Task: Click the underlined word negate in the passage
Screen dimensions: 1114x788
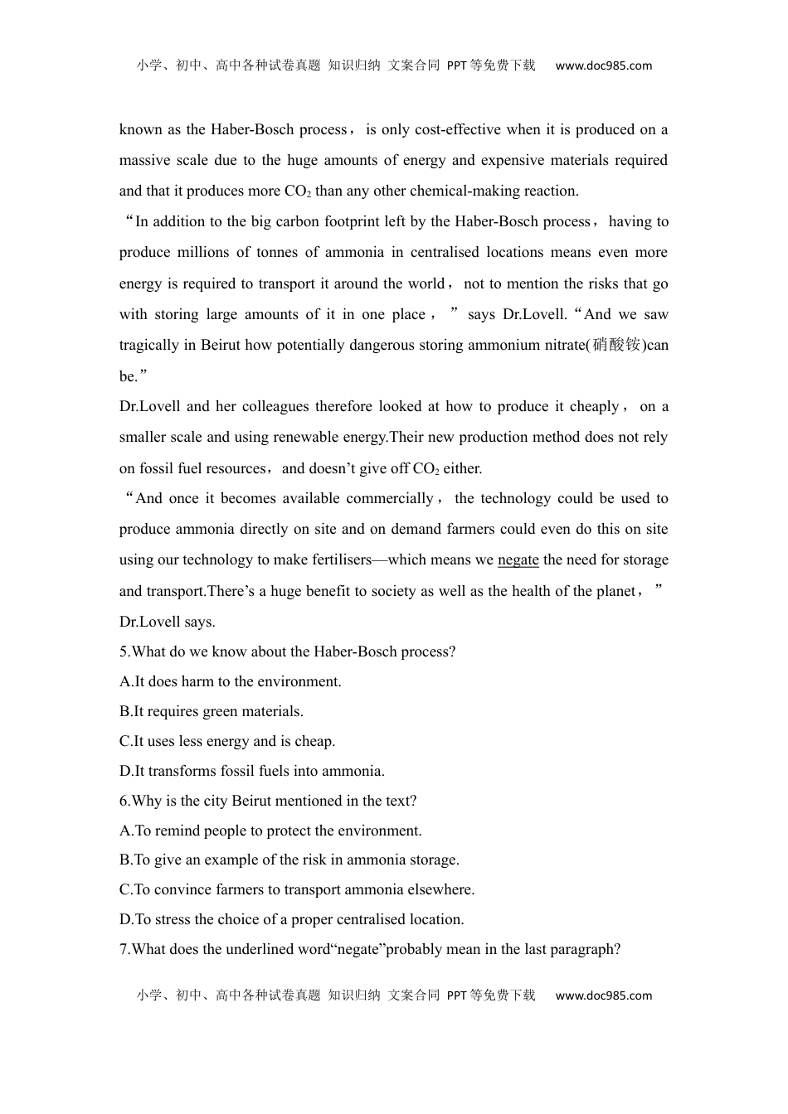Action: pyautogui.click(x=518, y=560)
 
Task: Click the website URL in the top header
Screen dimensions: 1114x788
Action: pyautogui.click(x=603, y=66)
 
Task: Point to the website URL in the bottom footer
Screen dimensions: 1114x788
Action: pyautogui.click(x=603, y=995)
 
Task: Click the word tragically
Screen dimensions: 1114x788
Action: pyautogui.click(x=149, y=345)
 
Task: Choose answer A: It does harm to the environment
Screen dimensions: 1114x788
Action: pyautogui.click(x=231, y=681)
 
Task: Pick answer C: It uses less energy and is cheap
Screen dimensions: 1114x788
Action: pyautogui.click(x=227, y=741)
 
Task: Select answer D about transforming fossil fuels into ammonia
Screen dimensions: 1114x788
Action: pyautogui.click(x=252, y=771)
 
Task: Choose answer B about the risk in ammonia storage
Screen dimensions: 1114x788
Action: pyautogui.click(x=289, y=860)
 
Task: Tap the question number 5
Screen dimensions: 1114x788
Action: pyautogui.click(x=124, y=651)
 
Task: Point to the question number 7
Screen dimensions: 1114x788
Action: pyautogui.click(x=124, y=949)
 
